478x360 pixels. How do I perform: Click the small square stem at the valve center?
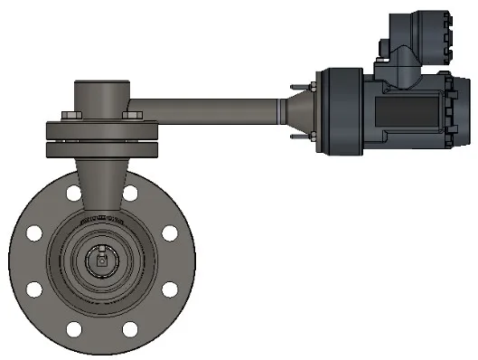101,261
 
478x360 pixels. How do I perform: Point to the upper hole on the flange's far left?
33,233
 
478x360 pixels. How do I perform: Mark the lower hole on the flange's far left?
33,289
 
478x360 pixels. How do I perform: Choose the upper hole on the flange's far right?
170,233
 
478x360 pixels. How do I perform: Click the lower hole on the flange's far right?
170,289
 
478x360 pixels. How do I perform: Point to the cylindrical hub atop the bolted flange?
100,95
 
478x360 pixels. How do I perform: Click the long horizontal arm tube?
208,104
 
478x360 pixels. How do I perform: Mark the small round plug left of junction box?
381,48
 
